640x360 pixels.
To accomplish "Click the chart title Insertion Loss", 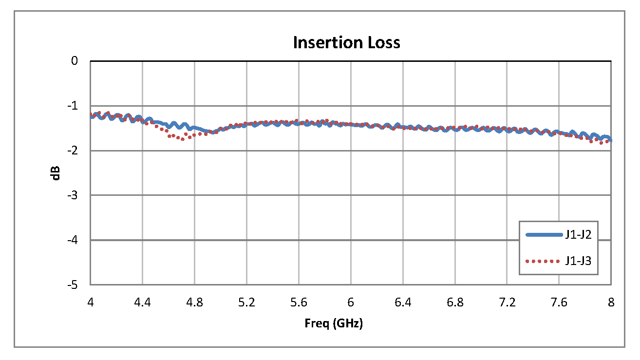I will pos(346,43).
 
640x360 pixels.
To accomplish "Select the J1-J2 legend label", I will pos(578,235).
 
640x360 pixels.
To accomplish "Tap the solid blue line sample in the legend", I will pos(544,235).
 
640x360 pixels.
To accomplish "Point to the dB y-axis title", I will pos(57,173).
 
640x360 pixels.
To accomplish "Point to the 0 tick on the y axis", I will pos(75,61).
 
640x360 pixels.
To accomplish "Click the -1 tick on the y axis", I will pos(73,106).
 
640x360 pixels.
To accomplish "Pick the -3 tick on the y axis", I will pos(73,195).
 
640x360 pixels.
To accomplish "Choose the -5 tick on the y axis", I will pos(73,285).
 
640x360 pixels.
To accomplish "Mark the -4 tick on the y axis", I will pos(73,240).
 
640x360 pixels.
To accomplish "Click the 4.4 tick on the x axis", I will pos(142,303).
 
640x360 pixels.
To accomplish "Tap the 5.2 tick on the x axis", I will pos(246,303).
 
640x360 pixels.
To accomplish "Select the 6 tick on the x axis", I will pos(351,303).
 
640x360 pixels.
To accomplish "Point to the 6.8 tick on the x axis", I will pos(455,303).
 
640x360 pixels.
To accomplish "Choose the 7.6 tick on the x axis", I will pos(559,303).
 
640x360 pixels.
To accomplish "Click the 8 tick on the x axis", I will pos(611,303).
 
